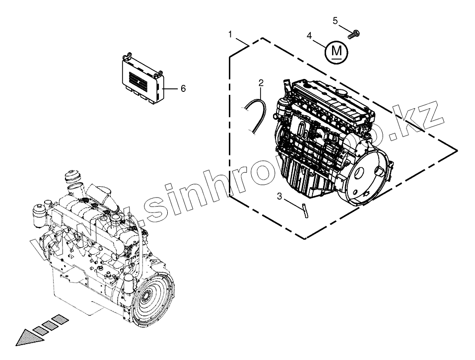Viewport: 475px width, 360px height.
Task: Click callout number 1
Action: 230,34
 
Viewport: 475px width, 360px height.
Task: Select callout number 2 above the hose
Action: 261,82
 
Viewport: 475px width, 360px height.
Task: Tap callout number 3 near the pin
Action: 279,197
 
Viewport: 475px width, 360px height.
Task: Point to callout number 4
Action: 310,36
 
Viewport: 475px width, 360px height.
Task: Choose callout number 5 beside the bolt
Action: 335,21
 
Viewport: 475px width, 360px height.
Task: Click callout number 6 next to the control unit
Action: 183,88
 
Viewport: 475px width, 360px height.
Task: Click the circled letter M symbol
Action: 337,51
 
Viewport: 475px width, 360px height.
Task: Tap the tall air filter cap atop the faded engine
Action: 72,179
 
